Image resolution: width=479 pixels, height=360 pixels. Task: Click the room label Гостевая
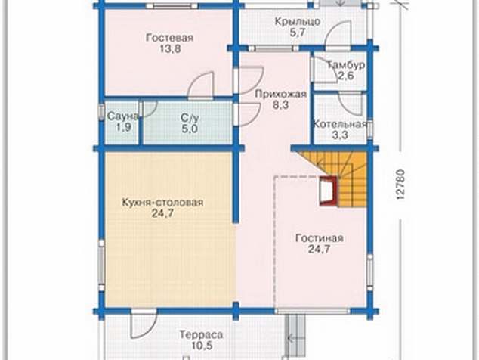(169, 38)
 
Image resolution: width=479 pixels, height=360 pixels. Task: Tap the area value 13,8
(170, 49)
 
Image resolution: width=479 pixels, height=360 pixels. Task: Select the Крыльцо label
(298, 22)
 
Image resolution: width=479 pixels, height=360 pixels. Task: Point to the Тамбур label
(346, 65)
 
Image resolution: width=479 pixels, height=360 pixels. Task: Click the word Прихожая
(281, 94)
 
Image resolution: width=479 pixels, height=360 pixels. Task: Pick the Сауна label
(123, 116)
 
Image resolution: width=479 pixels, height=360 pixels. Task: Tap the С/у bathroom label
(190, 117)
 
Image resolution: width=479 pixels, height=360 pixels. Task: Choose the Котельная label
(340, 124)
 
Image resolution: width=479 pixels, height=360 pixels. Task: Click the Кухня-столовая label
(162, 203)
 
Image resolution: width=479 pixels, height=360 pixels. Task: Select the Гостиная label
(320, 238)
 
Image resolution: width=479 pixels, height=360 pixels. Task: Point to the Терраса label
(201, 334)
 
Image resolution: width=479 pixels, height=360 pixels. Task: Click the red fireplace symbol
(329, 191)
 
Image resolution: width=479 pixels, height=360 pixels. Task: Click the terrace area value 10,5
(201, 346)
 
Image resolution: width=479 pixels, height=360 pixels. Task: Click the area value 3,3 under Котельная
(340, 135)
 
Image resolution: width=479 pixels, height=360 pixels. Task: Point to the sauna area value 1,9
(123, 127)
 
